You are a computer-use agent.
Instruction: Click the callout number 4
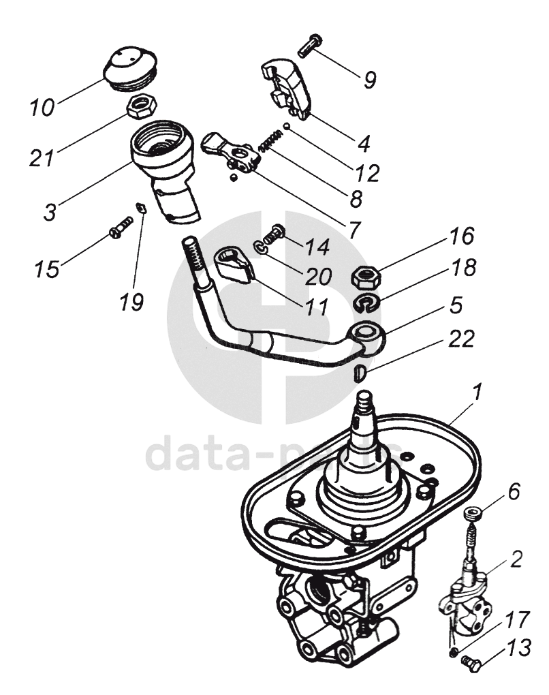coord(363,144)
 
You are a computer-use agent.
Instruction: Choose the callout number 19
coord(132,300)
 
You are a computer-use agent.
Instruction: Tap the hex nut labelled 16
coord(366,276)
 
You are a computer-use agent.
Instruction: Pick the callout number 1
coord(477,393)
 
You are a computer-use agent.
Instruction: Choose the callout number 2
coord(516,560)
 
